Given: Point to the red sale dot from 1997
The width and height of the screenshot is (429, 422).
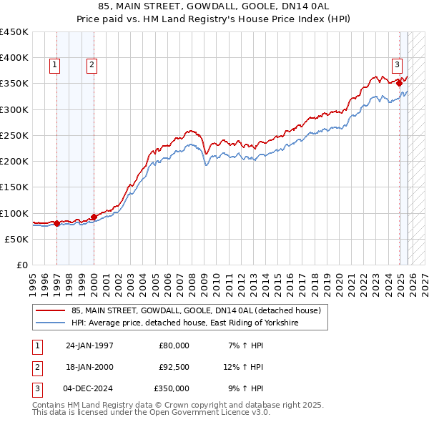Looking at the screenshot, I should click(x=56, y=224).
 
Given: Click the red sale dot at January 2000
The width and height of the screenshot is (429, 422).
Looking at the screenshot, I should click(x=94, y=217).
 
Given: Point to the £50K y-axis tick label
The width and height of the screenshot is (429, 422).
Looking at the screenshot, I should click(x=16, y=239).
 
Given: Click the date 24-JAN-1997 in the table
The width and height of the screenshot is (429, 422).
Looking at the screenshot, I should click(x=89, y=345).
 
